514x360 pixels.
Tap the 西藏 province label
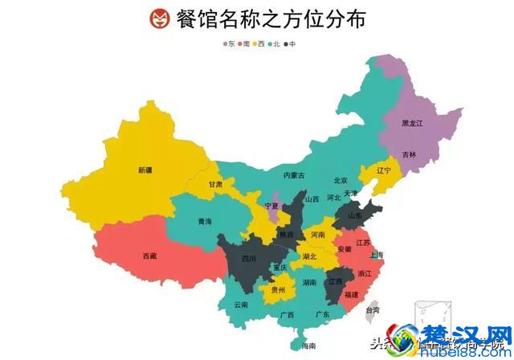150,256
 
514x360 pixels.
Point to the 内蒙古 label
294,175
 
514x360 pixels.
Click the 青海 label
206,221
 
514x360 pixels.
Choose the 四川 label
248,259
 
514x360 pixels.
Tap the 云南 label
241,305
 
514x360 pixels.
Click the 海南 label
308,346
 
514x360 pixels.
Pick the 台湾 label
373,309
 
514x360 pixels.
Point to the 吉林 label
410,153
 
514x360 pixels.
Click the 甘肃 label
216,183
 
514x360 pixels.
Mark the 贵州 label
278,289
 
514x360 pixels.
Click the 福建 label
351,295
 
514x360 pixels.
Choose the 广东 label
323,314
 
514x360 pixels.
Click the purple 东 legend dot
226,43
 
